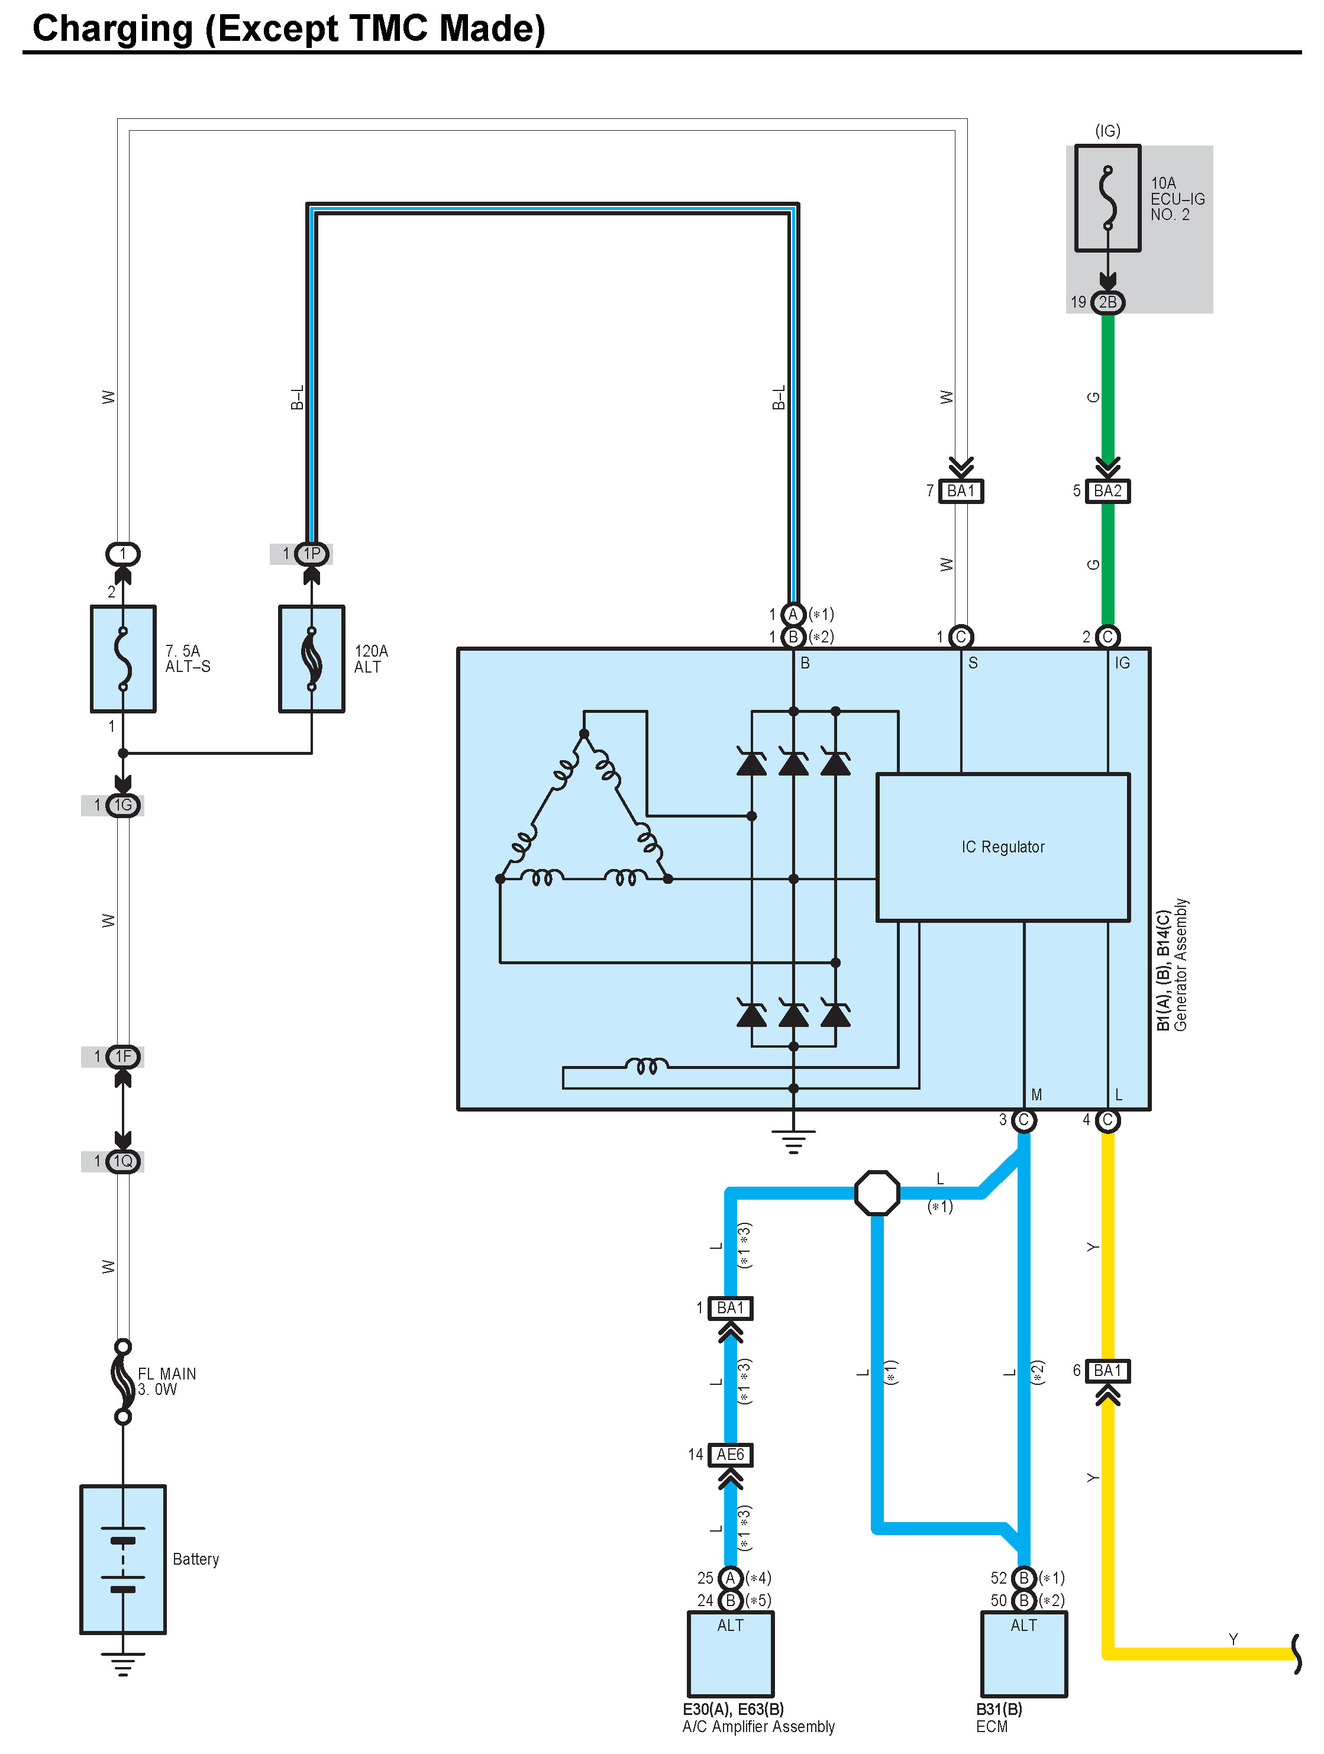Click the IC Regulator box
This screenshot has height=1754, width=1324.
(x=1002, y=847)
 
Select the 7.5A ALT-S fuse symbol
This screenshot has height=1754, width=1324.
(x=123, y=659)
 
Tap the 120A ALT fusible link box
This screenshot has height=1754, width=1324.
(x=312, y=659)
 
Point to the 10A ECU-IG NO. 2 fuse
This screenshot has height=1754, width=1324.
(x=1107, y=198)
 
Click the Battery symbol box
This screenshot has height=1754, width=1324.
(x=123, y=1559)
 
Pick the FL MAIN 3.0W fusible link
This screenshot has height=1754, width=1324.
(x=123, y=1381)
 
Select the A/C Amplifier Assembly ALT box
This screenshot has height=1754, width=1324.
(x=730, y=1653)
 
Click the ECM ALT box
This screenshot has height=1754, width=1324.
(x=1023, y=1653)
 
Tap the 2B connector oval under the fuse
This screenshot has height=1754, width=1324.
(x=1107, y=302)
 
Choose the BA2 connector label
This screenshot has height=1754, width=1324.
(x=1107, y=491)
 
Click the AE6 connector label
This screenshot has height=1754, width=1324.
(x=730, y=1454)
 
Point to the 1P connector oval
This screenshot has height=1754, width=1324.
(x=312, y=554)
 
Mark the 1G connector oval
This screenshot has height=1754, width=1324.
(x=123, y=806)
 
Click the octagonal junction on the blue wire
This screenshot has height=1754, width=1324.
(x=877, y=1193)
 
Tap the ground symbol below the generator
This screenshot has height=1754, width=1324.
(x=793, y=1142)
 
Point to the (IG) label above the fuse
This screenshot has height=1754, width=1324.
(x=1107, y=131)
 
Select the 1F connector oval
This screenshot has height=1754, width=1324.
(x=123, y=1056)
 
